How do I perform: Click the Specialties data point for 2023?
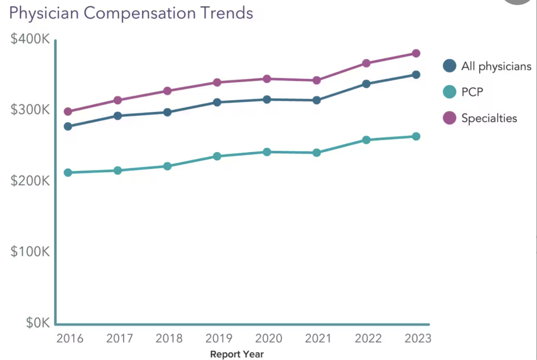(x=416, y=53)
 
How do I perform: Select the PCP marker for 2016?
(x=68, y=172)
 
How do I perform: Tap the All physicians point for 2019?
(x=217, y=102)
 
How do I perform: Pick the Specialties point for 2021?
(x=317, y=80)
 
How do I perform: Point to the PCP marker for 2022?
(x=366, y=140)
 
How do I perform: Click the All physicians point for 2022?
(x=366, y=83)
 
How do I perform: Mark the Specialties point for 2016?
(x=68, y=111)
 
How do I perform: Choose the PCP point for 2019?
(x=217, y=156)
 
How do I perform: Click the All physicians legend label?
(x=496, y=66)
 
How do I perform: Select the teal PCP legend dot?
(x=449, y=92)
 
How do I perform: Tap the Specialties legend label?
(x=489, y=118)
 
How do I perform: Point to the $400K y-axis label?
(x=30, y=39)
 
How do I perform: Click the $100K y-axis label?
(x=30, y=251)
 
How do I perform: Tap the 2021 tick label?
(x=317, y=338)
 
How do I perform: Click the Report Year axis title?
(x=237, y=354)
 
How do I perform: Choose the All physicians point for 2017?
(x=117, y=115)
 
